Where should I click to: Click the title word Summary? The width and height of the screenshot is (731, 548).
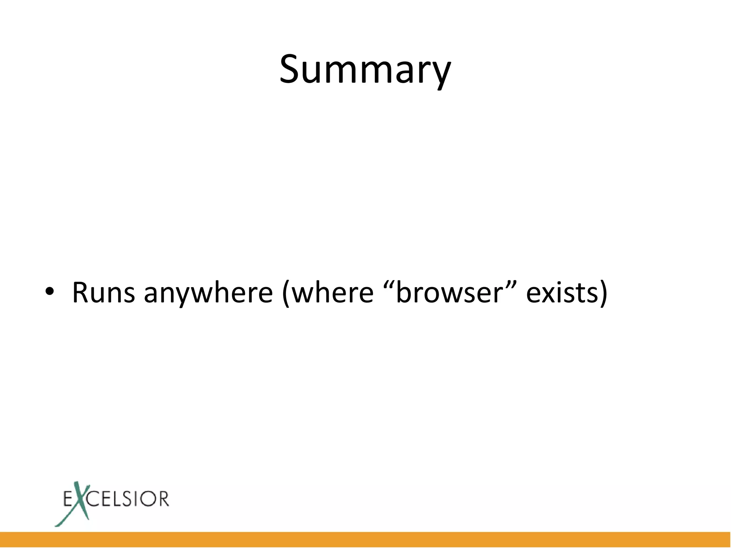tap(365, 70)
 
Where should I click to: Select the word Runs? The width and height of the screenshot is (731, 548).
tap(104, 293)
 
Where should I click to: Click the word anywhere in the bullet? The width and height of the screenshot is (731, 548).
tap(208, 293)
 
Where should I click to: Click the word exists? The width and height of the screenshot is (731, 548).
tap(561, 293)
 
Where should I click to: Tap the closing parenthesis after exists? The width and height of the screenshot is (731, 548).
tap(603, 293)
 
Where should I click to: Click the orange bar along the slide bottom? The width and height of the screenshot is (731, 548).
tap(365, 539)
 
